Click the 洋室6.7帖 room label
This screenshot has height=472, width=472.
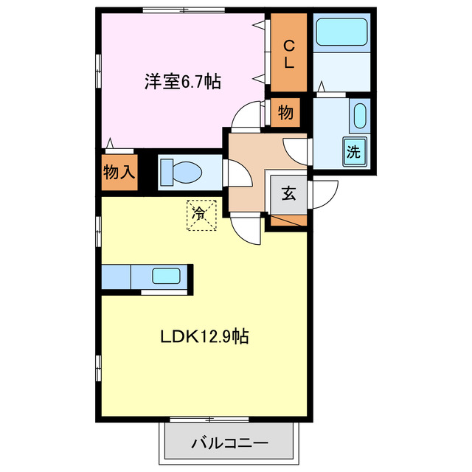(183, 81)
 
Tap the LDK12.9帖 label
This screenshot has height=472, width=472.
(204, 337)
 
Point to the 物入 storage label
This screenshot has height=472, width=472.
(119, 173)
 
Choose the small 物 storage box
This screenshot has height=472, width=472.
(285, 114)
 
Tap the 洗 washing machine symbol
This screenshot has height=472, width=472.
(354, 153)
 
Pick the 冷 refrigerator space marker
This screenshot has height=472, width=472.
(200, 214)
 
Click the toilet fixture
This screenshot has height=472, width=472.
(181, 173)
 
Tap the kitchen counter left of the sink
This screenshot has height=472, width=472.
(116, 278)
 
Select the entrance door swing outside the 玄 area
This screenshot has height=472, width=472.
(325, 193)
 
